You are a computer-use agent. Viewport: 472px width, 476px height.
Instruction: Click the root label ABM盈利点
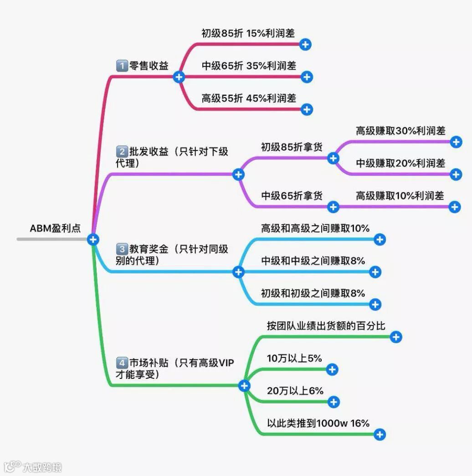(x=55, y=228)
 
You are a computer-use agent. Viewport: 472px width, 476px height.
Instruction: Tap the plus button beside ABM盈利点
(x=93, y=239)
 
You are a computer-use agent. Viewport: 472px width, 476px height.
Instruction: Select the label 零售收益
(x=149, y=66)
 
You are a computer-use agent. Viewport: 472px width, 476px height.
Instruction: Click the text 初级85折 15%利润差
(x=248, y=33)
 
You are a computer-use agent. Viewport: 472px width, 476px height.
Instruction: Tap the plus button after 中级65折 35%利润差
(x=307, y=77)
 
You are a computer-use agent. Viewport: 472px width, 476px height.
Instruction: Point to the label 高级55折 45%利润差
(x=249, y=98)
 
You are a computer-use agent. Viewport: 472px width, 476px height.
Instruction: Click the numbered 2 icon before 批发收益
(x=122, y=152)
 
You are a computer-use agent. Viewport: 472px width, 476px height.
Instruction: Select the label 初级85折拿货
(x=292, y=147)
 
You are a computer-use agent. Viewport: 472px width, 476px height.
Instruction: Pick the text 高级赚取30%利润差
(x=400, y=130)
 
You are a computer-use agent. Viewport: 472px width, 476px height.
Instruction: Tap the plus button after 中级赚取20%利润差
(x=456, y=174)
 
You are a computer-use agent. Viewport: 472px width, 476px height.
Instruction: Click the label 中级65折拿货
(x=292, y=196)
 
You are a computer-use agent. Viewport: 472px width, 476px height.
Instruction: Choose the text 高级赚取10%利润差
(x=400, y=196)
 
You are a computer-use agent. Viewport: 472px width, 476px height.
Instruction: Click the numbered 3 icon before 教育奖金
(x=122, y=249)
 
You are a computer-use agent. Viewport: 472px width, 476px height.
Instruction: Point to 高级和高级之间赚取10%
(x=315, y=228)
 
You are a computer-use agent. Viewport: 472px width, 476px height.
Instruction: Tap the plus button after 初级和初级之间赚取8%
(x=375, y=305)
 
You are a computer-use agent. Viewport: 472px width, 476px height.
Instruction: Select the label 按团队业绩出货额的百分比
(x=326, y=326)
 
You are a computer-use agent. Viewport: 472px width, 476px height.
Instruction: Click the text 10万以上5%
(x=294, y=358)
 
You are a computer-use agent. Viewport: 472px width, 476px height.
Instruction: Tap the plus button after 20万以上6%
(x=334, y=402)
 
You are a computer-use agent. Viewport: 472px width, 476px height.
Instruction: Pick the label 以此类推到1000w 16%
(x=318, y=423)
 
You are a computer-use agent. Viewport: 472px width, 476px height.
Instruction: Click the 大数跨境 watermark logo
(x=32, y=467)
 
